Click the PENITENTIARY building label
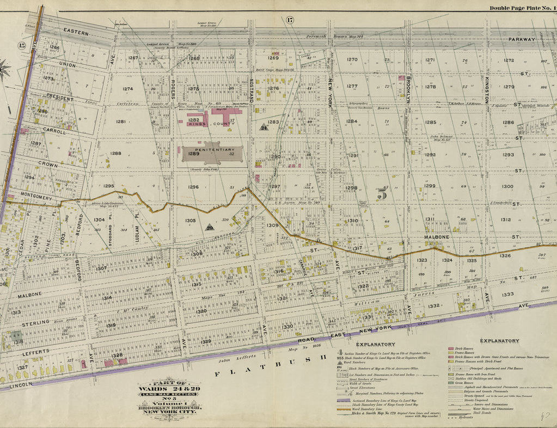pyautogui.click(x=212, y=149)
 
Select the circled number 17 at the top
pyautogui.click(x=290, y=20)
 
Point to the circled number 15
pyautogui.click(x=22, y=46)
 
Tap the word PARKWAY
pyautogui.click(x=522, y=39)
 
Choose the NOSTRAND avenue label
pyautogui.click(x=252, y=90)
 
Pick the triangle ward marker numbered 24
pyautogui.click(x=264, y=127)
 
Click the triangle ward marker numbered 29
pyautogui.click(x=209, y=228)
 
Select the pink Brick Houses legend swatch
pyautogui.click(x=451, y=348)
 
